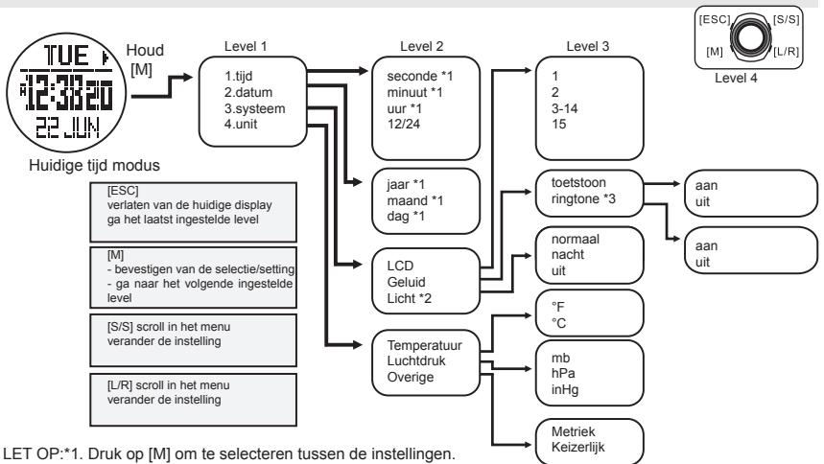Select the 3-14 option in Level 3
(552, 107)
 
